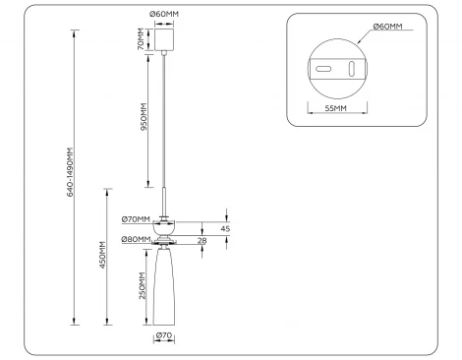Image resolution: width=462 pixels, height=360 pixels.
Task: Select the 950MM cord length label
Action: coord(144,119)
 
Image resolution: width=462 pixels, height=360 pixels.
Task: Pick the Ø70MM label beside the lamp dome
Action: coord(136,219)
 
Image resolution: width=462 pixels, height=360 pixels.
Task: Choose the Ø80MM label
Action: coord(136,239)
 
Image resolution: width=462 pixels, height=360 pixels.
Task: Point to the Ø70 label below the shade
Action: coord(164,338)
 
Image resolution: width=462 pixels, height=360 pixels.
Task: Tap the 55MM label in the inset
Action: coord(334,110)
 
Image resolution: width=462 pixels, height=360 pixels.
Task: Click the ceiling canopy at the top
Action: coord(164,40)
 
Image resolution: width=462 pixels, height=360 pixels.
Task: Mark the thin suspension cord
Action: coord(164,128)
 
